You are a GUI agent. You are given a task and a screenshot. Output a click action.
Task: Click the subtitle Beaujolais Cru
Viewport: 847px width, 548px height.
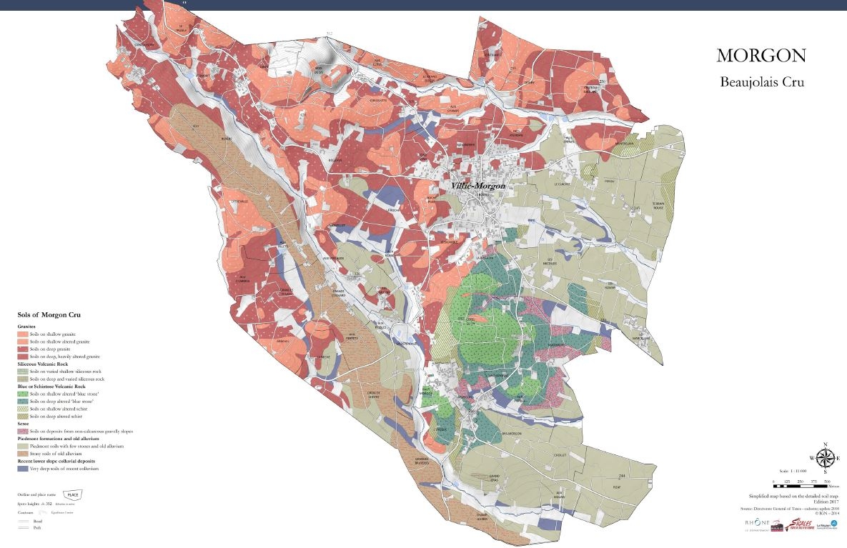[762, 82]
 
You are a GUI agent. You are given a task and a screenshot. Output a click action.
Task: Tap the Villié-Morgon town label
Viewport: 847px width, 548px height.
[477, 186]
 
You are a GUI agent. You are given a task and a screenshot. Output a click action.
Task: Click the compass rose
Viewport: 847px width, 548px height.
[825, 458]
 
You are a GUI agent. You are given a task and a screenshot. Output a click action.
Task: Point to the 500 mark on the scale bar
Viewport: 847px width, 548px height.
[827, 481]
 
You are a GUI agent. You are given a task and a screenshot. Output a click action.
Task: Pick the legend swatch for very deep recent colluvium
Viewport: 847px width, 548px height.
[23, 469]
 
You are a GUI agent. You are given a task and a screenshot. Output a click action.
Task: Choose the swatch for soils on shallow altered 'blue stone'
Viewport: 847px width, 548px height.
[23, 394]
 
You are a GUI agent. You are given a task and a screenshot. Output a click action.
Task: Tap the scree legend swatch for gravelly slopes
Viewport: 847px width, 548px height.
[23, 431]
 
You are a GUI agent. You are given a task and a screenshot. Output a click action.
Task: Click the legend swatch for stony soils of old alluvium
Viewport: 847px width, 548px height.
[23, 454]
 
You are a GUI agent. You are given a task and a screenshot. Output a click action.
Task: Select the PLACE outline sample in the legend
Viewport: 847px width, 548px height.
[72, 494]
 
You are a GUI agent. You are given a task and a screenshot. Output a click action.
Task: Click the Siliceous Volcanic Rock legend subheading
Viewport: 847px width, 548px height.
[50, 363]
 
